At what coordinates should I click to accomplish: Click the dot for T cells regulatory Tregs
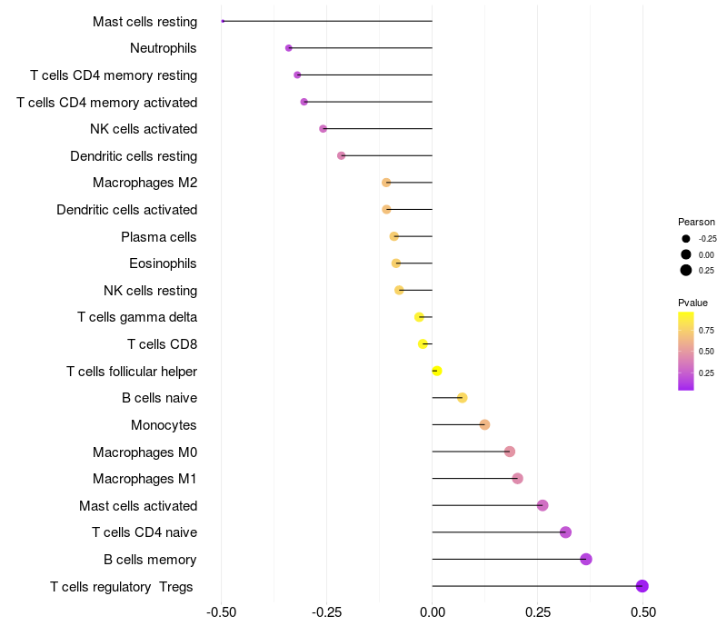[642, 586]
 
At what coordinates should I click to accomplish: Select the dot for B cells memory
[586, 559]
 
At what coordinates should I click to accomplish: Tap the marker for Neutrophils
[289, 48]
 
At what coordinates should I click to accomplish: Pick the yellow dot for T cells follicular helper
[437, 371]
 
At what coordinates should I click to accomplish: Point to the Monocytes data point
[484, 424]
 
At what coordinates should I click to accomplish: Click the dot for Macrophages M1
[518, 479]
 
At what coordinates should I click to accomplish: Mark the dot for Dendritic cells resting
[342, 155]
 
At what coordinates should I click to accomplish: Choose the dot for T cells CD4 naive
[565, 532]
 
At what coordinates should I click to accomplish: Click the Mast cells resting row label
[144, 21]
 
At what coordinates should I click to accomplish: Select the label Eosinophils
[163, 263]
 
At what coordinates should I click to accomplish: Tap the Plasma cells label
[158, 237]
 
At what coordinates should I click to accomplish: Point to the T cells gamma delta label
[136, 317]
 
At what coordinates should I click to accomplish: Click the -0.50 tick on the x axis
[221, 612]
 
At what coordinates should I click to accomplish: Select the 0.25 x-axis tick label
[537, 612]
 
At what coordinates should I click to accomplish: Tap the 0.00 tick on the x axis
[432, 612]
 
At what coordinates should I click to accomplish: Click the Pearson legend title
[696, 222]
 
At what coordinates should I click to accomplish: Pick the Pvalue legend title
[692, 303]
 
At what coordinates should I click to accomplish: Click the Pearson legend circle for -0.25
[686, 238]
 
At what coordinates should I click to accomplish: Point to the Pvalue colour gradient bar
[686, 351]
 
